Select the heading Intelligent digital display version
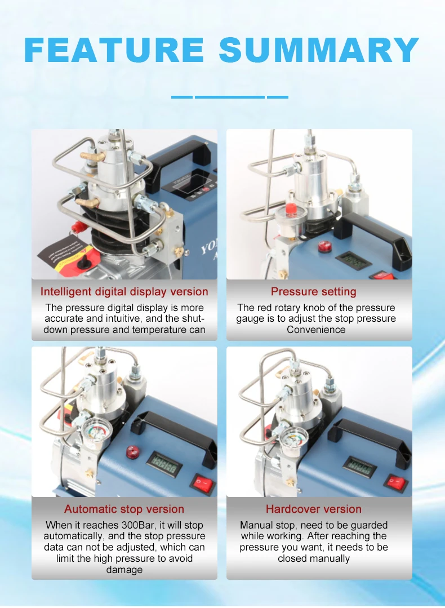pyautogui.click(x=124, y=292)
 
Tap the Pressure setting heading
pyautogui.click(x=314, y=292)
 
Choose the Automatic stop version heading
pyautogui.click(x=124, y=509)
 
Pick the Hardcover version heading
pyautogui.click(x=314, y=509)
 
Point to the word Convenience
pyautogui.click(x=316, y=330)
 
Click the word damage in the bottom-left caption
pyautogui.click(x=124, y=570)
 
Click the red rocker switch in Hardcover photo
pyautogui.click(x=396, y=482)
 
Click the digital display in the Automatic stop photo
pyautogui.click(x=164, y=465)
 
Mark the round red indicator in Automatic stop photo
pyautogui.click(x=133, y=452)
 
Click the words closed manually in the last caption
pyautogui.click(x=314, y=558)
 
